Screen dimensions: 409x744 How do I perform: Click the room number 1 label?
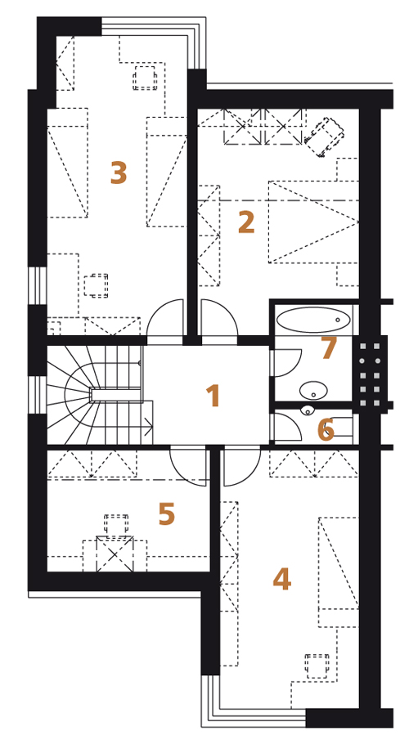213,396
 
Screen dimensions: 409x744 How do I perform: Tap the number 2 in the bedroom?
246,222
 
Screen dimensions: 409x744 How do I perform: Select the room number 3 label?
119,173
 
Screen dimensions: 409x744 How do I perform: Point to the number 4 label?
281,580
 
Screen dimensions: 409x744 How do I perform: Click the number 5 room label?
167,514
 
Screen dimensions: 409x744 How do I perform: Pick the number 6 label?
326,430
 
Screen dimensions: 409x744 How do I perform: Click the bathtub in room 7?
313,320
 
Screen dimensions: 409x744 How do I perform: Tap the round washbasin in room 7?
313,391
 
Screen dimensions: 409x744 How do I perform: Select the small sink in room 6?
307,410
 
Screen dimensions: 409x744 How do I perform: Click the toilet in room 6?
339,426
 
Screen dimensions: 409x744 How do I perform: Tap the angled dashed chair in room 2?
324,137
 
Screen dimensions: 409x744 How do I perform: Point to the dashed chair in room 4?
317,666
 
